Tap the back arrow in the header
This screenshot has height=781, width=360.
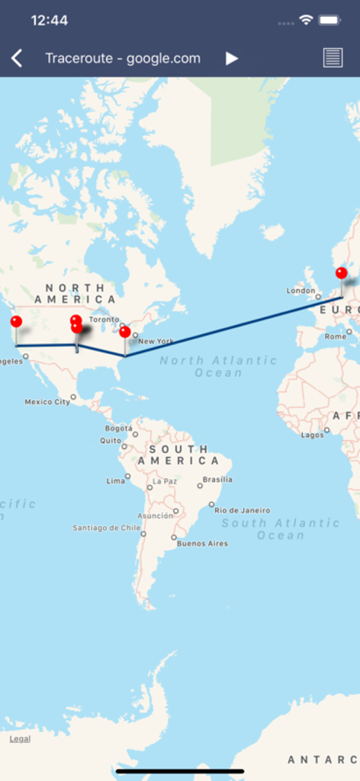[x=17, y=59]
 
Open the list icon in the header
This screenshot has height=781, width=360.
[x=333, y=58]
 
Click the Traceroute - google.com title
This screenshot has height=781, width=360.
[x=123, y=59]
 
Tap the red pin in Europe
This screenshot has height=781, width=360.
[x=341, y=273]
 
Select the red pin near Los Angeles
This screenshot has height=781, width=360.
[x=16, y=322]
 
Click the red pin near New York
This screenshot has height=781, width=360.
[x=125, y=332]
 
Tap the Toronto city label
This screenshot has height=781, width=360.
[x=104, y=320]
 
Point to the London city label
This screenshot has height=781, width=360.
[x=301, y=291]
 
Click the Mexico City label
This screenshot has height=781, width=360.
[x=47, y=402]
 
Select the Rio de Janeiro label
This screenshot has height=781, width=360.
[x=242, y=510]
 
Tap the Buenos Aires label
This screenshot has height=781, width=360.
[x=202, y=544]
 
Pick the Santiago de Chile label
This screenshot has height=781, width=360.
[x=106, y=528]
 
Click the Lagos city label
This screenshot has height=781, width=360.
[x=312, y=435]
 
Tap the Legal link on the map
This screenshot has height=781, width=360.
[x=20, y=739]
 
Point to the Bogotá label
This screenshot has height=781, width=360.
[x=118, y=429]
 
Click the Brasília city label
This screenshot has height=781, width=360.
[x=218, y=480]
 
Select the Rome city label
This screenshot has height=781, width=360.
[x=336, y=336]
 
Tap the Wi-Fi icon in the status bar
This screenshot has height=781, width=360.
[x=306, y=20]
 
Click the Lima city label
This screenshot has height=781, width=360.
[x=116, y=481]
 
